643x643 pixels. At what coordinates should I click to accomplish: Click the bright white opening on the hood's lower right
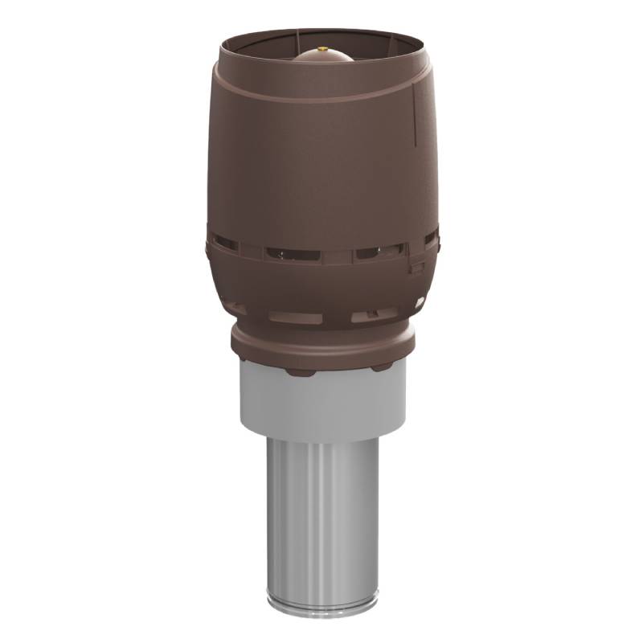(x=420, y=302)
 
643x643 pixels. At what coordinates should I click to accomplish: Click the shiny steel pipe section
(x=321, y=514)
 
